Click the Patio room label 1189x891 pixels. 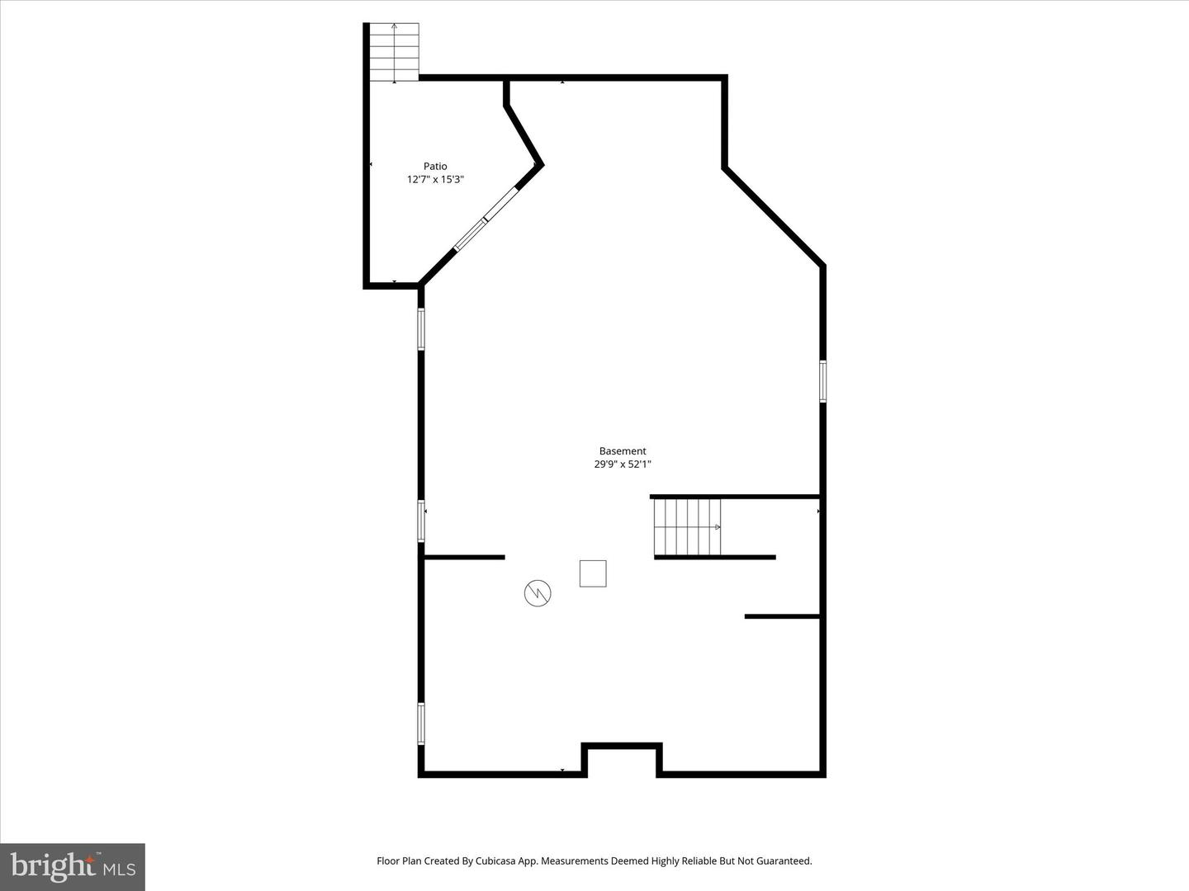tap(435, 166)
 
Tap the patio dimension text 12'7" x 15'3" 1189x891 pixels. tap(435, 179)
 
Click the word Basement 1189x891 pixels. tap(623, 451)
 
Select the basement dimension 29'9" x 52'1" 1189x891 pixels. tap(623, 464)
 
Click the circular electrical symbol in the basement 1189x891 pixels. tap(538, 592)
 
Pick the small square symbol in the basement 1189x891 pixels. tap(593, 573)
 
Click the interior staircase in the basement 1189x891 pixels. tap(687, 526)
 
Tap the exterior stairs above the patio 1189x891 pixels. tap(394, 53)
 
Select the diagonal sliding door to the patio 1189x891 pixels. tap(485, 219)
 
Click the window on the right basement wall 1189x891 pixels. tap(822, 381)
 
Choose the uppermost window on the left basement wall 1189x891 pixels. tap(420, 328)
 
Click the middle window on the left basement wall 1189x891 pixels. tap(420, 521)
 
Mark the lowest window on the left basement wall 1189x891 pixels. tap(420, 724)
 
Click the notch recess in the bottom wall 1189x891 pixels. tap(623, 757)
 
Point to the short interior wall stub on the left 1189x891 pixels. tap(463, 558)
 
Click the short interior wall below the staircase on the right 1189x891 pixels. tap(781, 616)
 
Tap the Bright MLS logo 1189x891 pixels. tap(73, 866)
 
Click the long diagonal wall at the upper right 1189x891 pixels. tap(774, 217)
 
